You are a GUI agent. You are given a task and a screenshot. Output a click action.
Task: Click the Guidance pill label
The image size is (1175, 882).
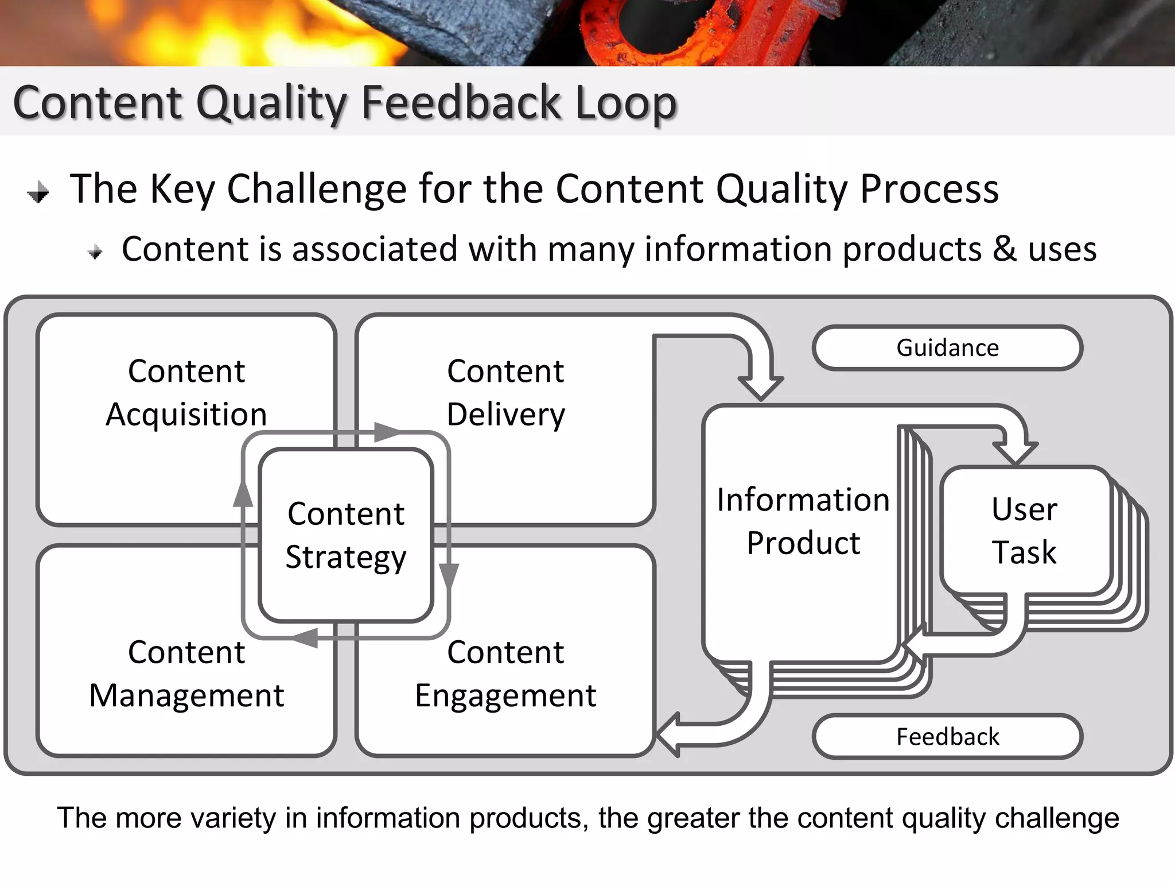tap(947, 348)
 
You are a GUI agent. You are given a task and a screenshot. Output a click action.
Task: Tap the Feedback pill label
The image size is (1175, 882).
tap(947, 737)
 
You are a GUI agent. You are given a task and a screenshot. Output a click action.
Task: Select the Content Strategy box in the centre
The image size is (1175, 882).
tap(346, 535)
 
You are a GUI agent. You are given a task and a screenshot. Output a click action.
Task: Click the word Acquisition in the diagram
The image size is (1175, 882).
tap(186, 415)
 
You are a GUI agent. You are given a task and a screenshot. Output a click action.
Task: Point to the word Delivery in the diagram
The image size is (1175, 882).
tap(505, 415)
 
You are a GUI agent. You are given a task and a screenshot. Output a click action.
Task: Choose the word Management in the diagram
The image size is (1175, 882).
tap(186, 695)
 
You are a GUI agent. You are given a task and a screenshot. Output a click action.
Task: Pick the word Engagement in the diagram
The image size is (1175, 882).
tap(505, 695)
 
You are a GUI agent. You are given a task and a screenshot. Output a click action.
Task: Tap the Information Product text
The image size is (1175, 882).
tap(803, 521)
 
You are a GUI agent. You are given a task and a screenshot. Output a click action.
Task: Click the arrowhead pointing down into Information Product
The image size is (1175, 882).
tap(761, 388)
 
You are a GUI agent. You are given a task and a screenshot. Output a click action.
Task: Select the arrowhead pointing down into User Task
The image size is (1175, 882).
tap(1015, 453)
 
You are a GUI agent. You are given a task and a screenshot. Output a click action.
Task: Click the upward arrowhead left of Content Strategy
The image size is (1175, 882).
tap(243, 494)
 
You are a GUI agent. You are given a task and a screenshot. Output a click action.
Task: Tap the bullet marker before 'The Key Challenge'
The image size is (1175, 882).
tap(38, 192)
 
